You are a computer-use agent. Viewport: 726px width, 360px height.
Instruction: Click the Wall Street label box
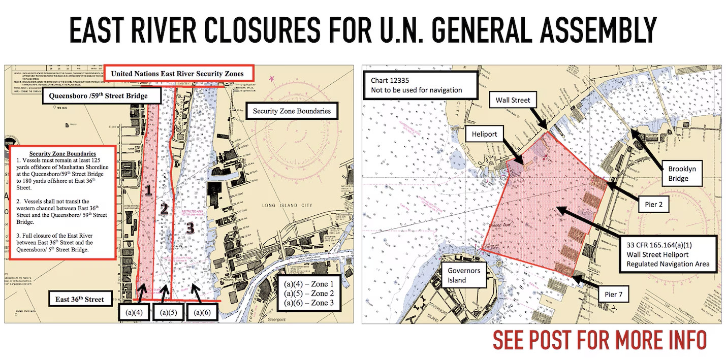[513, 100]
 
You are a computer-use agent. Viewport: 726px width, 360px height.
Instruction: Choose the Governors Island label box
[464, 275]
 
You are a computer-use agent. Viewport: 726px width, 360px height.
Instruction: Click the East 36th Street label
[79, 299]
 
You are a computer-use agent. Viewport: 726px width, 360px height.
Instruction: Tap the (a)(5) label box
[168, 312]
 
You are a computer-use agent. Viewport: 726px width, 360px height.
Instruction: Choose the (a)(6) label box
[202, 312]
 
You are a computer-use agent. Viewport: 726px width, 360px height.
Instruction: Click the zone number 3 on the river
[190, 228]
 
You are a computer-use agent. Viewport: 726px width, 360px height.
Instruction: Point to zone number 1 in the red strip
[148, 190]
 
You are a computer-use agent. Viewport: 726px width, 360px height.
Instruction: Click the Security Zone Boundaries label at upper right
[292, 111]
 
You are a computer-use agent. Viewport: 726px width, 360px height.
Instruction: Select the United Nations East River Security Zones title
[177, 74]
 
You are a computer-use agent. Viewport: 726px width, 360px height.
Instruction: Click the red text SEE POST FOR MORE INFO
[599, 340]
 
